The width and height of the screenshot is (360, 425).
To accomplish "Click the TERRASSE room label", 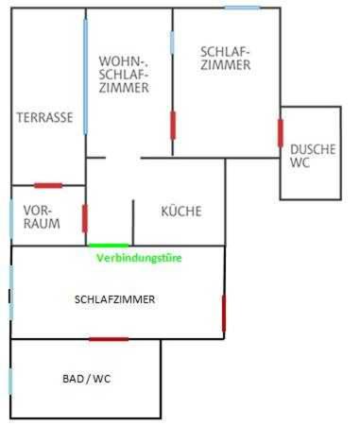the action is (44, 117).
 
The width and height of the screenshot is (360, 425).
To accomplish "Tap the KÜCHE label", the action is (181, 211).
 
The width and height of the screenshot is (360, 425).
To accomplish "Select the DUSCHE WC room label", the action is (313, 156).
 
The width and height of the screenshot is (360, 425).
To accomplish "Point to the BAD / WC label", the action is (87, 379).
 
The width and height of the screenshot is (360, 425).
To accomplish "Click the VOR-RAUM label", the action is (42, 217).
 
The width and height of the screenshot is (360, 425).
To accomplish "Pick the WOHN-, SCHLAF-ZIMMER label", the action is (124, 75).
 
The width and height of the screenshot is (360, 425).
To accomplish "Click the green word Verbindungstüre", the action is (139, 258).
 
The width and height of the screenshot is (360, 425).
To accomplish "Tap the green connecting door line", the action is (109, 246).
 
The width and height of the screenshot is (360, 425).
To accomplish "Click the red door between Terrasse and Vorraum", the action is (48, 185).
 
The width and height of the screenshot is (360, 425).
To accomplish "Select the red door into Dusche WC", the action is (281, 133).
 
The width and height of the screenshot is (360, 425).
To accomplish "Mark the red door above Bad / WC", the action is (109, 339).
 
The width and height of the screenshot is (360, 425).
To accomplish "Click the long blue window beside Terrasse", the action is (85, 76).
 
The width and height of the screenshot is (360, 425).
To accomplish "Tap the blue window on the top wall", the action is (243, 8).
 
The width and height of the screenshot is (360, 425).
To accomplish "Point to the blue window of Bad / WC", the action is (10, 381).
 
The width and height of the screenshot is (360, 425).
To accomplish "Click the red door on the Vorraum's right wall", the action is (85, 218).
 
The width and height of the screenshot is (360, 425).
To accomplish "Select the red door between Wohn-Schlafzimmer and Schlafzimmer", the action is (173, 125).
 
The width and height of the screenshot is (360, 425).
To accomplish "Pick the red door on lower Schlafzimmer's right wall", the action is (224, 314).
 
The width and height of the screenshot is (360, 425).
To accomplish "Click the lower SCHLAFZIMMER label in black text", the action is (114, 299).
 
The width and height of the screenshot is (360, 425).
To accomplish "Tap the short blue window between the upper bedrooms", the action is (172, 42).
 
